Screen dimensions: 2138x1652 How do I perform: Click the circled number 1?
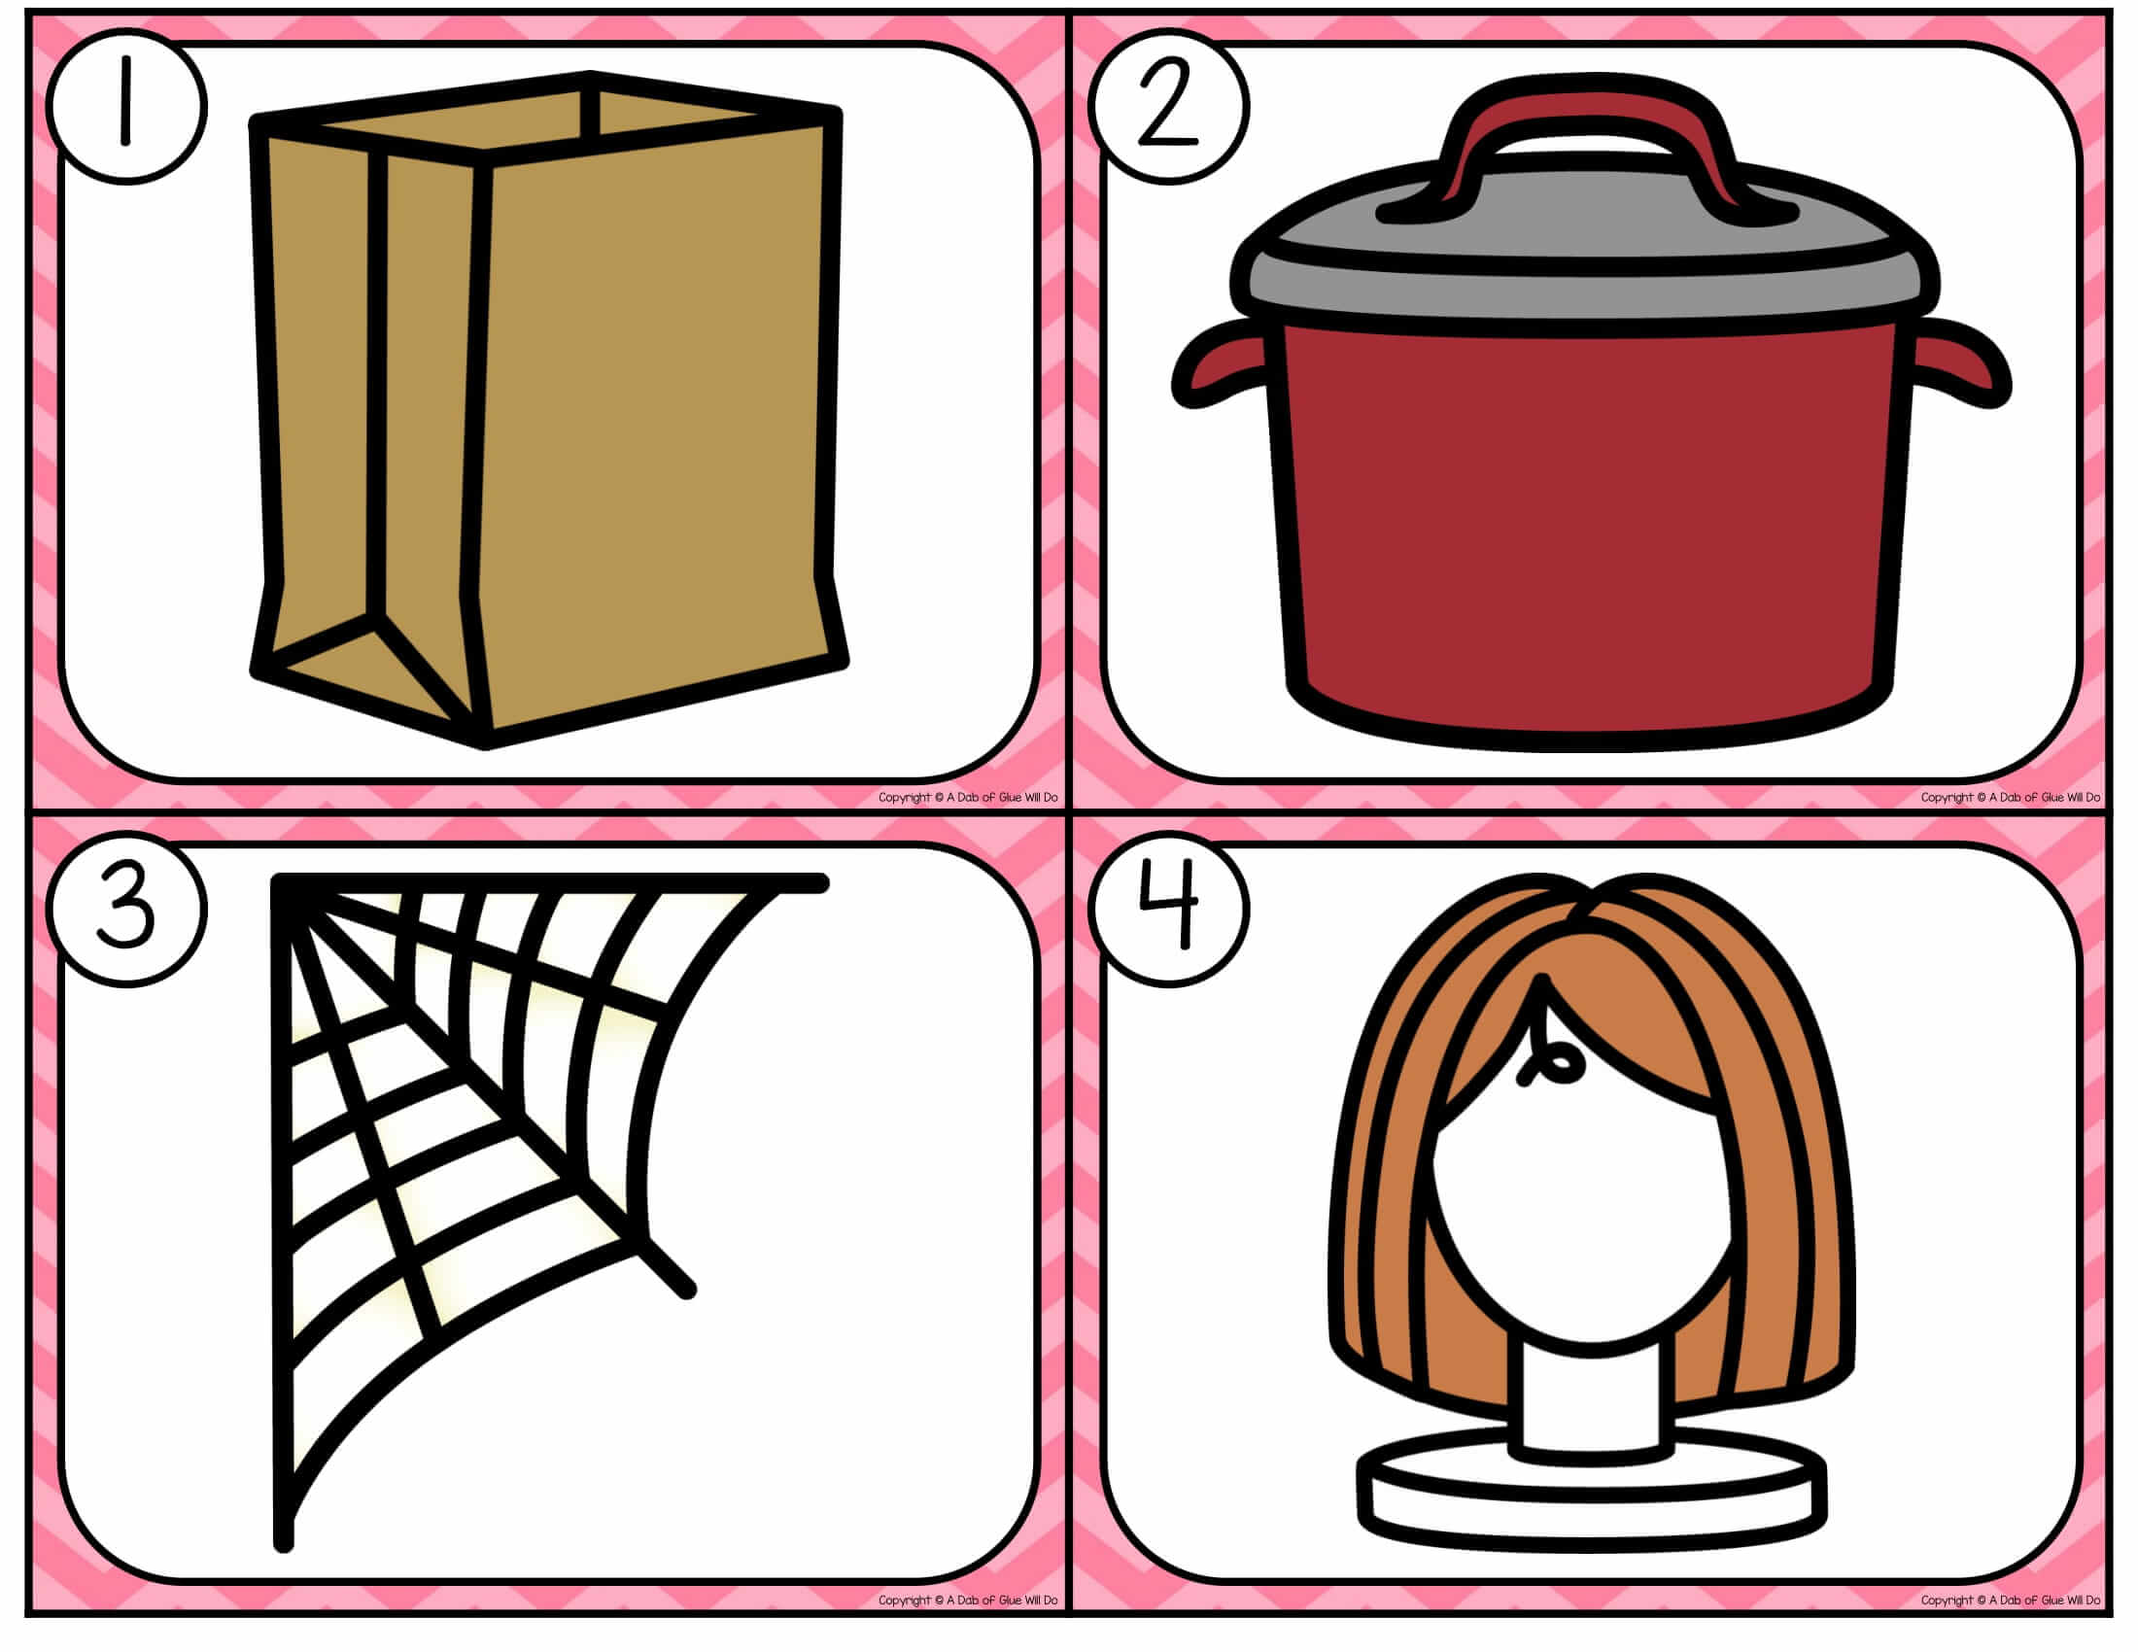(127, 106)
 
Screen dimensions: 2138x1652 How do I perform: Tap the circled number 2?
(1169, 106)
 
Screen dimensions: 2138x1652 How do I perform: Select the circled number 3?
(127, 909)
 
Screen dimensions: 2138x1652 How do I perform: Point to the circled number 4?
(1169, 909)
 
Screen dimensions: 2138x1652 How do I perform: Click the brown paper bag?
(548, 411)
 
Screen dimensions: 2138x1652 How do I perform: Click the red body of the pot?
(1588, 529)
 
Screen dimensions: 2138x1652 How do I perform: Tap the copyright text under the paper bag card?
(967, 798)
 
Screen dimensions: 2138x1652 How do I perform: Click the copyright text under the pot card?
(2010, 798)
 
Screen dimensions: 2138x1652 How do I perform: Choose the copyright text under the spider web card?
(967, 1600)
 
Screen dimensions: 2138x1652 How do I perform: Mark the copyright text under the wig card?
(2010, 1600)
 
